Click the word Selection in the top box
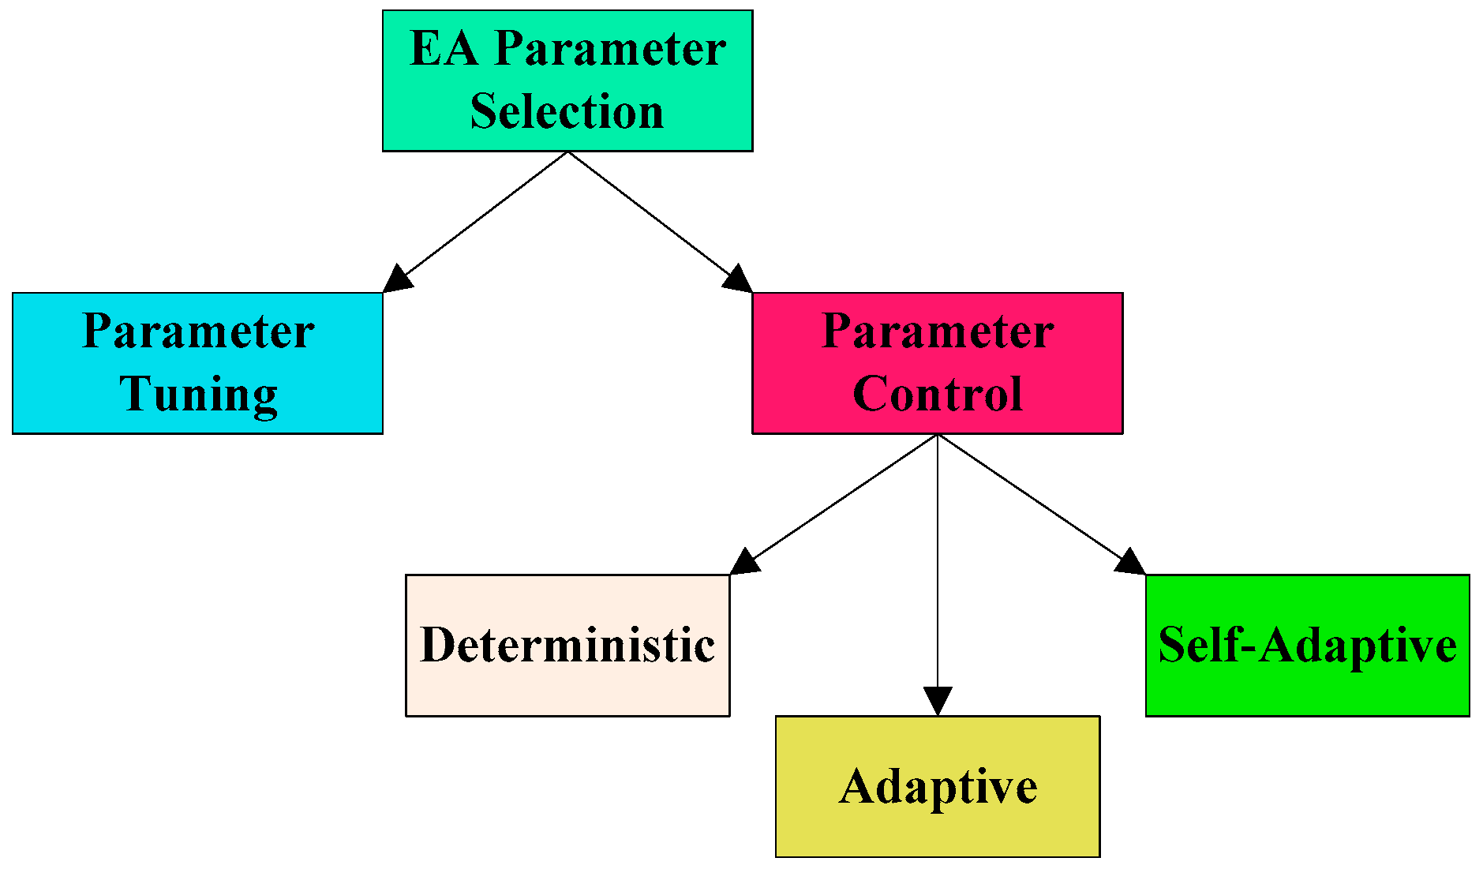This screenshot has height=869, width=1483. pos(567,111)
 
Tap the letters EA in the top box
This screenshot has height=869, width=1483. pos(444,49)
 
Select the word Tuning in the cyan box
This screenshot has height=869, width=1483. pos(198,394)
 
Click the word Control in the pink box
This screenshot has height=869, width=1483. pos(938,393)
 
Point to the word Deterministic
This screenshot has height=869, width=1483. pos(567,645)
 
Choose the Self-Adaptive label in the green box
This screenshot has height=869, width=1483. pos(1307,645)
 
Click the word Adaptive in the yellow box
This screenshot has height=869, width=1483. pos(938,787)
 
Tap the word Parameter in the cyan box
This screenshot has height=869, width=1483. pos(198,331)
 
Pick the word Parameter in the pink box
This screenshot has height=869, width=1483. pos(938,331)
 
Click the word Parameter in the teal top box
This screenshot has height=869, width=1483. pos(609,49)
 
